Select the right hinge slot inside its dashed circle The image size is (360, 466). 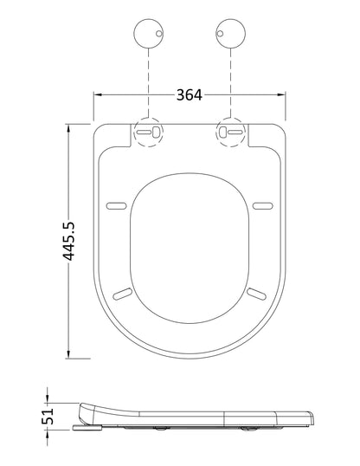[x=230, y=133]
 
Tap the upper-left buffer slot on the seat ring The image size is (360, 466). [x=115, y=205]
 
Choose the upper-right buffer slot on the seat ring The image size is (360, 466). [x=264, y=205]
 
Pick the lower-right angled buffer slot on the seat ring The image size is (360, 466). [x=255, y=294]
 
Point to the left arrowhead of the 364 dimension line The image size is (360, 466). [x=98, y=95]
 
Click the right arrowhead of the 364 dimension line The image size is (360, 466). [x=284, y=95]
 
